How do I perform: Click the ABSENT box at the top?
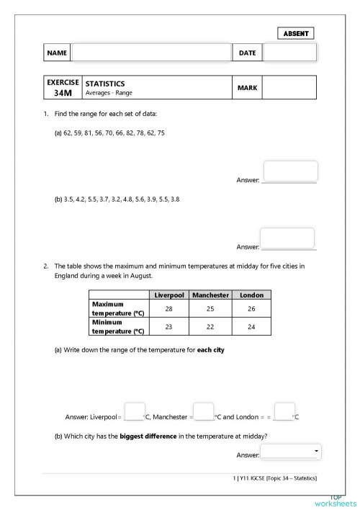[295, 33]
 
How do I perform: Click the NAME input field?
[150, 53]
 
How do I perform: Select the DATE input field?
[289, 53]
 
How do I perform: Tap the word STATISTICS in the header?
[105, 84]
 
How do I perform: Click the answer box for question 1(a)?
[290, 171]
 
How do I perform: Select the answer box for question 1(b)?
[287, 238]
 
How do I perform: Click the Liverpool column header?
[169, 295]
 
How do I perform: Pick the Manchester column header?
[210, 295]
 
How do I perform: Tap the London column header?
[251, 295]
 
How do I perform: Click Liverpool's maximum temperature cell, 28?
[169, 308]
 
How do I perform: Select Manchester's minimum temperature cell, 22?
[210, 326]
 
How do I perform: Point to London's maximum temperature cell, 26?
[251, 308]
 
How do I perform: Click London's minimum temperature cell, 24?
[251, 326]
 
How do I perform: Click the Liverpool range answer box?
[135, 411]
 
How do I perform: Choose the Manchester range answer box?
[204, 411]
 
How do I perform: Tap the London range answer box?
[285, 411]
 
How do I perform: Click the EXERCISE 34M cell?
[63, 88]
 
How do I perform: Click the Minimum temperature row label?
[118, 326]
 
